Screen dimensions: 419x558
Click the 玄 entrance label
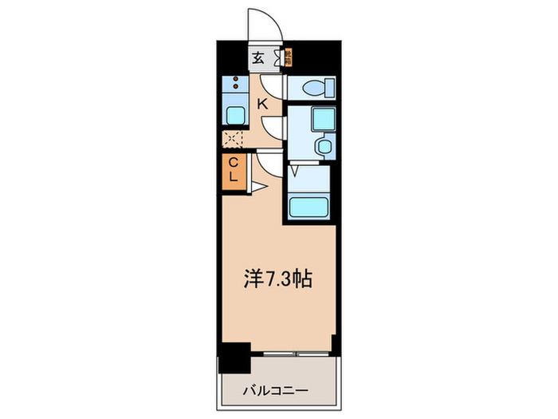(x=259, y=57)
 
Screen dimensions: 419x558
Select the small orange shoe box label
(x=289, y=57)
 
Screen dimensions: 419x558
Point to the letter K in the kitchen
(x=261, y=102)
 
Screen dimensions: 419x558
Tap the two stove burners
(x=235, y=82)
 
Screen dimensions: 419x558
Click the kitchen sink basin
(x=236, y=113)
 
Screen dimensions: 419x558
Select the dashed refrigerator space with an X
(x=232, y=140)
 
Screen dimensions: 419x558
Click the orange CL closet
(x=234, y=171)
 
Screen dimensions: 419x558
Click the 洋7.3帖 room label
(x=277, y=280)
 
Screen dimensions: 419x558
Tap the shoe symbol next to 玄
(x=278, y=57)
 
